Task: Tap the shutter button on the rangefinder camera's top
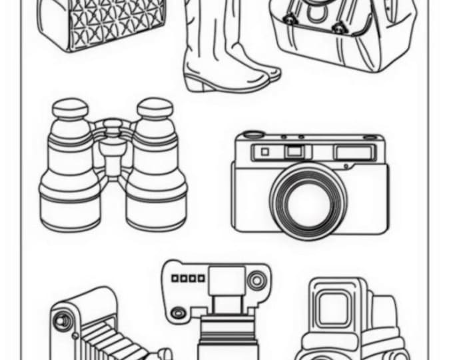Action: click(x=251, y=135)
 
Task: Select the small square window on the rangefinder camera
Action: click(x=264, y=152)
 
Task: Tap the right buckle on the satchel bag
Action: click(x=338, y=28)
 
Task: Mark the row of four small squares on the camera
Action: click(x=188, y=277)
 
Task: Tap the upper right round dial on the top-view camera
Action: click(x=256, y=281)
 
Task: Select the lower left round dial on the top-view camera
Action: click(x=178, y=312)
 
